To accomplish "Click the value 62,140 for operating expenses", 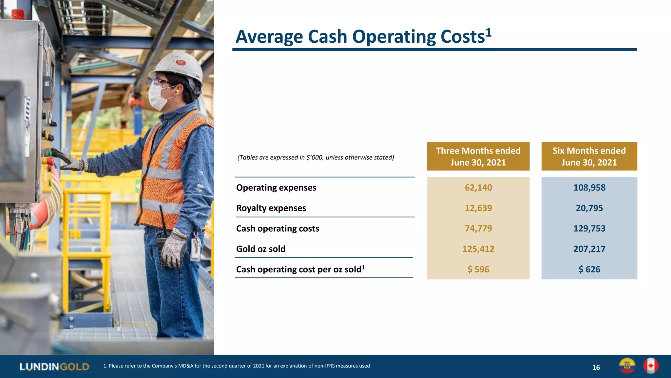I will pyautogui.click(x=478, y=188).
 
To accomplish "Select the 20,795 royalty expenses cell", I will pyautogui.click(x=589, y=208).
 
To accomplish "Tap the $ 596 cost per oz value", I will pyautogui.click(x=478, y=269).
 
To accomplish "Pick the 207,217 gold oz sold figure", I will pyautogui.click(x=589, y=249).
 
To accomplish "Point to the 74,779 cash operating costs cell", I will pyautogui.click(x=478, y=229).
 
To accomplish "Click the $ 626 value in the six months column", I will pyautogui.click(x=589, y=269).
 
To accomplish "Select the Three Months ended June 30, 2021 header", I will pyautogui.click(x=478, y=157).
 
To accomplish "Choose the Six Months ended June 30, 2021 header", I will pyautogui.click(x=589, y=157).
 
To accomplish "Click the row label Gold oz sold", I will pyautogui.click(x=261, y=249).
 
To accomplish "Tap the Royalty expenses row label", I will pyautogui.click(x=271, y=208).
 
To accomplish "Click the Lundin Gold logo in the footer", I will pyautogui.click(x=54, y=367).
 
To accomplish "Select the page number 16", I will pyautogui.click(x=596, y=367).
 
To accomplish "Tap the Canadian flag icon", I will pyautogui.click(x=651, y=366).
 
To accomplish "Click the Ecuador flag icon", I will pyautogui.click(x=627, y=366).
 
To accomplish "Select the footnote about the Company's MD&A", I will pyautogui.click(x=237, y=366).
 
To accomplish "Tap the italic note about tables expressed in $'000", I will pyautogui.click(x=316, y=157).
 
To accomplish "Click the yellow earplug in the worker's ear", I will pyautogui.click(x=178, y=90).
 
